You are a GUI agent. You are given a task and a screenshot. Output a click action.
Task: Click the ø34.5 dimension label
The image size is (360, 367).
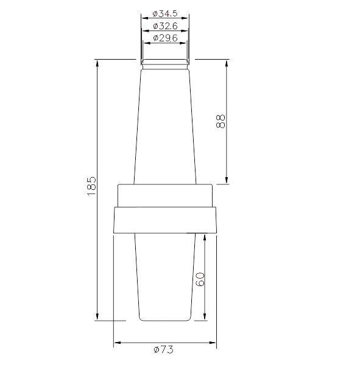[x=165, y=13]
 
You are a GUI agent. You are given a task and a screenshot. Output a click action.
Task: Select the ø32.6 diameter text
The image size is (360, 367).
[x=165, y=26]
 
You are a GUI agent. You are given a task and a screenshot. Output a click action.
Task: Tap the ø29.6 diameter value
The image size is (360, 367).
[x=165, y=38]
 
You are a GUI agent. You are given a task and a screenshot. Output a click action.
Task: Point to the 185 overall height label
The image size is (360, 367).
[x=91, y=186]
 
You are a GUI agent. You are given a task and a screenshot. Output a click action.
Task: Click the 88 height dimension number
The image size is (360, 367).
[x=220, y=121]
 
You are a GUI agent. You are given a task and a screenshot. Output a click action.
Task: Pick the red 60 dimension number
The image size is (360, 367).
[x=200, y=279]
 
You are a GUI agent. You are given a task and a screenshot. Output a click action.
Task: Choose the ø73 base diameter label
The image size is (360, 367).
[x=163, y=350]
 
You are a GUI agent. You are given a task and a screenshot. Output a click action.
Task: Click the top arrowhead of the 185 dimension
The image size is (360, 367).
[x=97, y=63]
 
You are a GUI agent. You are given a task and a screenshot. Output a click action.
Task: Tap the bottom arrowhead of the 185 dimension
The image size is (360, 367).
[x=97, y=316]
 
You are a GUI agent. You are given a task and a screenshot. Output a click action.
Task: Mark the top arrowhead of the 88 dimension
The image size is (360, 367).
[x=227, y=64]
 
